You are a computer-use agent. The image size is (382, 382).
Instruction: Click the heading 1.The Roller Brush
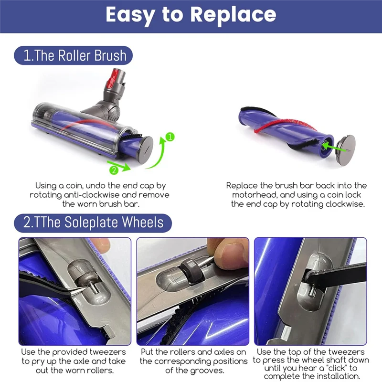point(75,56)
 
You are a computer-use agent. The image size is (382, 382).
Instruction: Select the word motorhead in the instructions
point(255,195)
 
